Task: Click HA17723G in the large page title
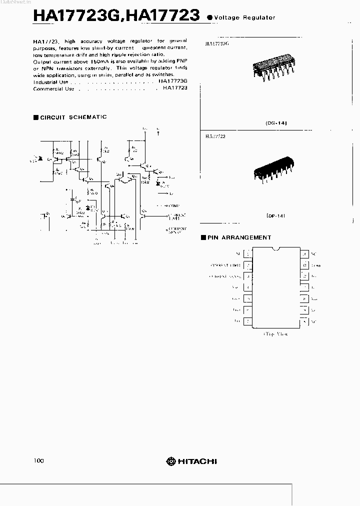click(75, 15)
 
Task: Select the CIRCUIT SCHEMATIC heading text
click(73, 117)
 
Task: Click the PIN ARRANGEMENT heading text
click(239, 237)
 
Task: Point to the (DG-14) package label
click(276, 122)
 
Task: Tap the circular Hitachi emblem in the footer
click(171, 461)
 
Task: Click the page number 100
click(39, 460)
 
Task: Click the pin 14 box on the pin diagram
click(303, 254)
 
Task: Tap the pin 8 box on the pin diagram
click(303, 320)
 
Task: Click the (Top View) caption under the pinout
click(275, 333)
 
